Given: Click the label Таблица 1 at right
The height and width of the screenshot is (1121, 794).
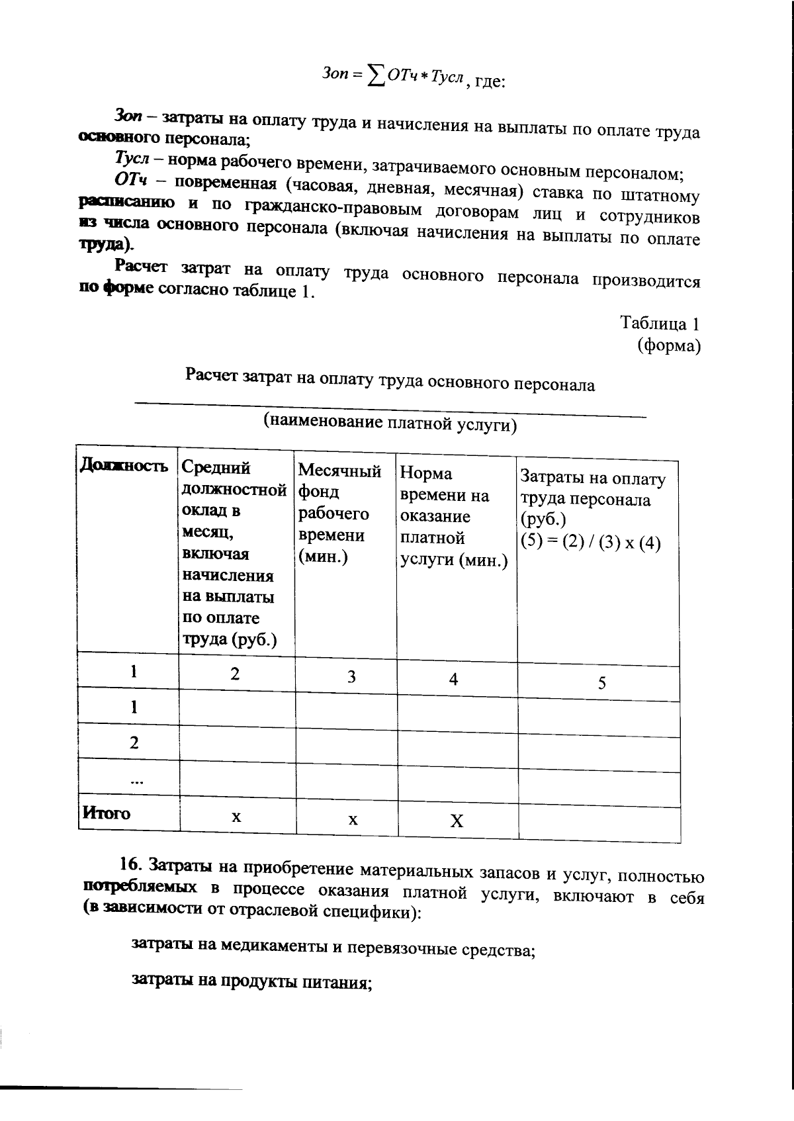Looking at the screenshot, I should coord(660,324).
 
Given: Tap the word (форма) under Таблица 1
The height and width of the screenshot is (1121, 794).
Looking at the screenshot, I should coord(669,346).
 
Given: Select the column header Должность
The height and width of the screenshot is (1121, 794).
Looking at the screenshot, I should coord(124,466).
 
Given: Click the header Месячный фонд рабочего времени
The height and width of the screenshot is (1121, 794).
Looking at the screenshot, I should coord(339,514).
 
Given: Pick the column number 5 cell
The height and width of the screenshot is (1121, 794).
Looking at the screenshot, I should coord(601,684).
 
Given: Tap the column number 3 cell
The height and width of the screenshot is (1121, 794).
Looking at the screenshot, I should coord(352,677).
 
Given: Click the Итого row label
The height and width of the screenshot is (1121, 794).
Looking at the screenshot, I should coord(106,813).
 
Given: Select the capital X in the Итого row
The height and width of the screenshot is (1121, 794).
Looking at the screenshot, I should coord(457,822).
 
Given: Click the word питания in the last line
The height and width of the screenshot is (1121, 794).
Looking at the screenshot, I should coord(337,983).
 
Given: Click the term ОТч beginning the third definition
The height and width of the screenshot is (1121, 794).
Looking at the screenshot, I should coord(130,180).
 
